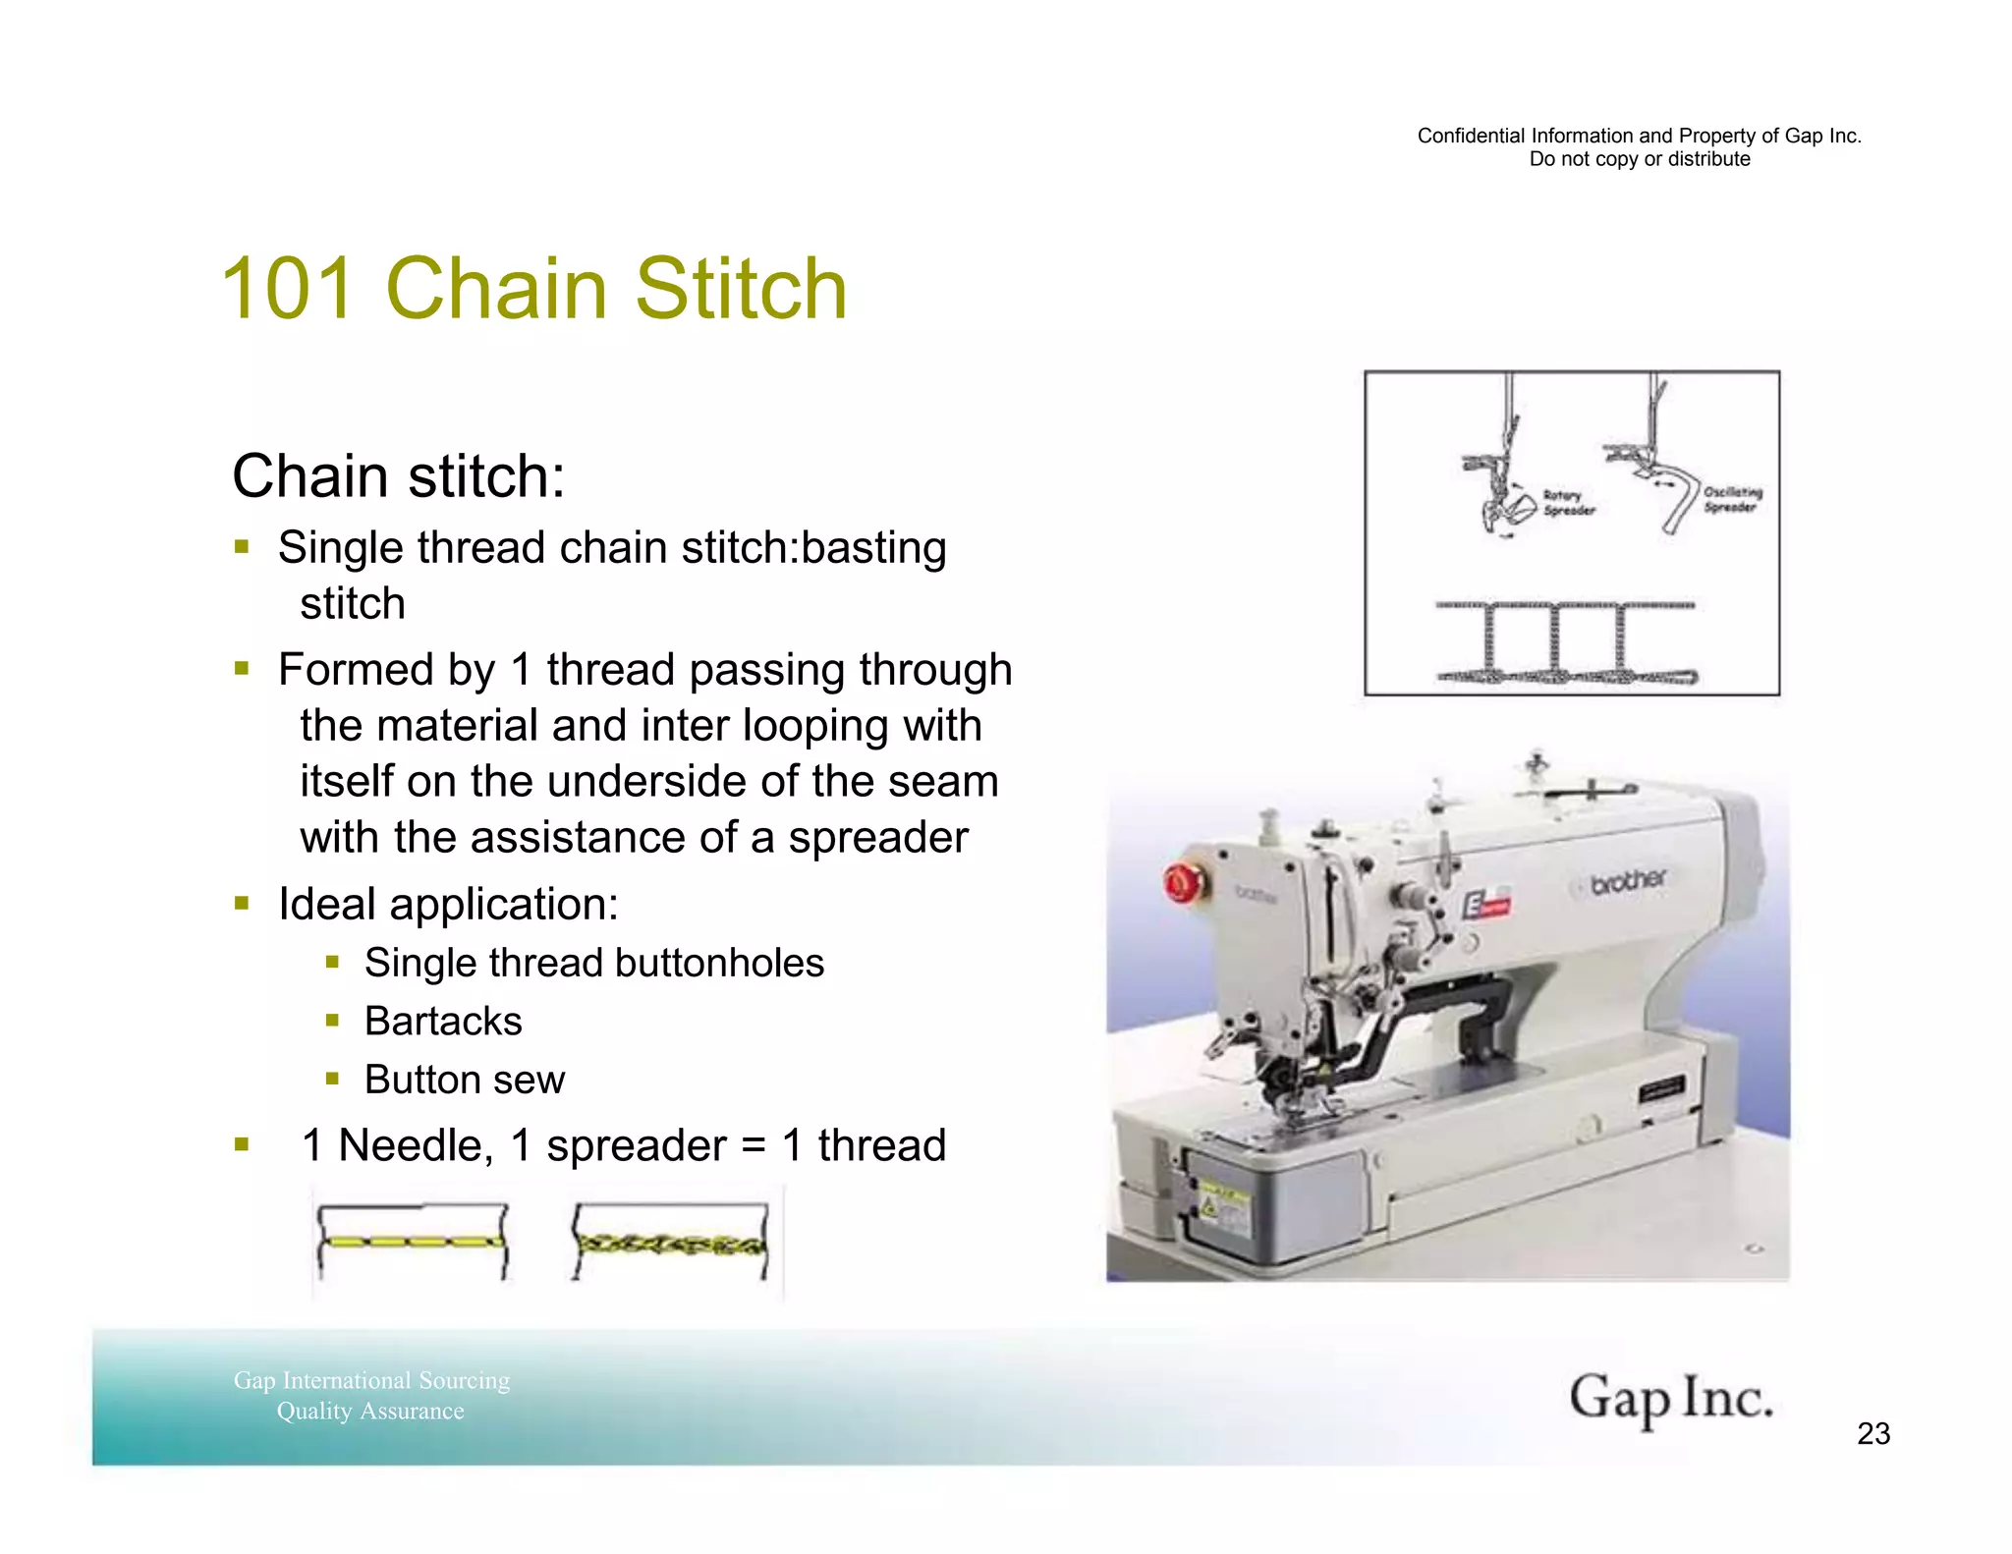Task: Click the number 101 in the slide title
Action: point(287,289)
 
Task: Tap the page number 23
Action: point(1872,1434)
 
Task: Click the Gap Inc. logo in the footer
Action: point(1670,1399)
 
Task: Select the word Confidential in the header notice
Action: point(1470,137)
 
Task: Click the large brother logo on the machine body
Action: point(1628,881)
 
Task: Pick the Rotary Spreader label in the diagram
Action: point(1568,503)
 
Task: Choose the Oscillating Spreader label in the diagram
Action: point(1732,499)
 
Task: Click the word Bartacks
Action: point(443,1022)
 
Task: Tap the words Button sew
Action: point(465,1080)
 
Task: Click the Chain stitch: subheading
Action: point(398,476)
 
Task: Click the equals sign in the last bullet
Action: point(753,1146)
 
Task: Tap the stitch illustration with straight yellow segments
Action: point(412,1242)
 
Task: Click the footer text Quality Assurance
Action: point(370,1412)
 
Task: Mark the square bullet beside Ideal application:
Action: point(242,903)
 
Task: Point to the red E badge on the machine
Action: point(1484,905)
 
